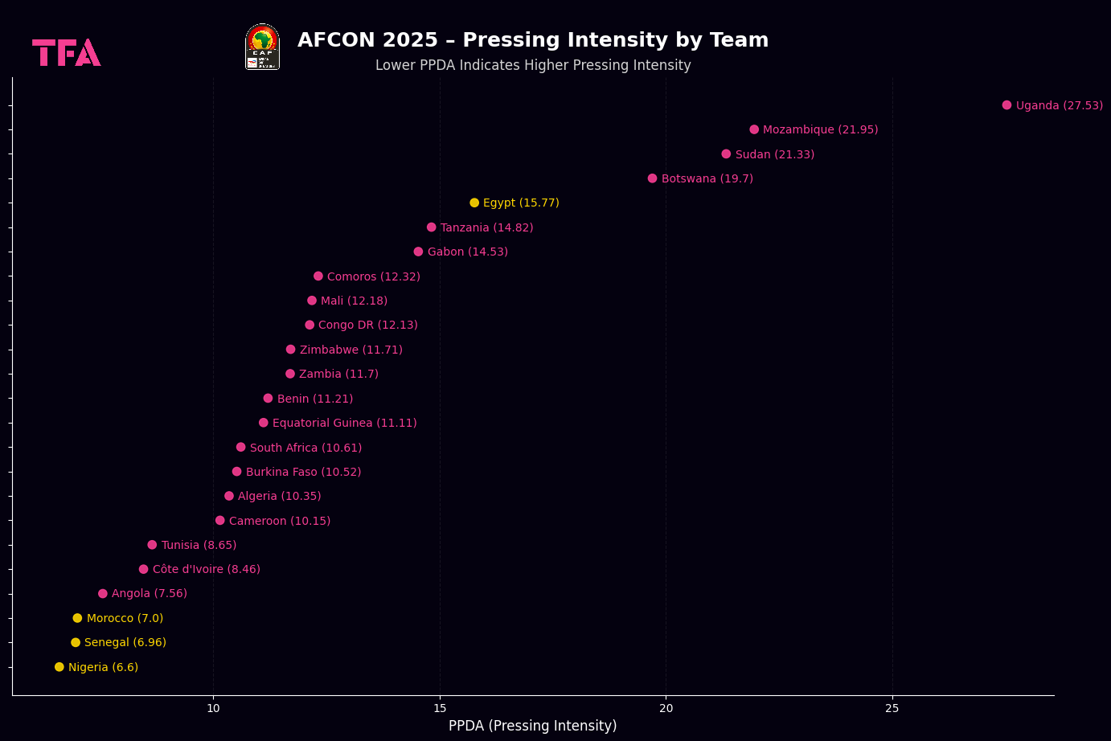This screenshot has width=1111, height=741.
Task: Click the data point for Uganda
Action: pyautogui.click(x=1006, y=105)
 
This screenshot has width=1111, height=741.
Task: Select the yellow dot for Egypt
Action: pyautogui.click(x=474, y=203)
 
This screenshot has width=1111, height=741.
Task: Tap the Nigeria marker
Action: pyautogui.click(x=59, y=667)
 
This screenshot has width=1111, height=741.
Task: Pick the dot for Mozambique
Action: pyautogui.click(x=754, y=129)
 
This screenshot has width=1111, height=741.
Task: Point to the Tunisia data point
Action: pyautogui.click(x=152, y=545)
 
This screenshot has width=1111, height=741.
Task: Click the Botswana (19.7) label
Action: pyautogui.click(x=707, y=178)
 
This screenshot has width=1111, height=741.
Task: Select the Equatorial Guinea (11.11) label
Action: pyautogui.click(x=344, y=423)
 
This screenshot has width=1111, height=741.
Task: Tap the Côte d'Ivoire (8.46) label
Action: pyautogui.click(x=206, y=569)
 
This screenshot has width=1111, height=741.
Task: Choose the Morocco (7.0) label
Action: pyautogui.click(x=125, y=618)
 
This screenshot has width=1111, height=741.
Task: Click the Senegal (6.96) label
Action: pyautogui.click(x=125, y=642)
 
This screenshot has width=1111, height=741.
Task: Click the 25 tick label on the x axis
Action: pyautogui.click(x=892, y=708)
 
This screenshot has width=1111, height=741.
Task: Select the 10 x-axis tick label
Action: pyautogui.click(x=213, y=708)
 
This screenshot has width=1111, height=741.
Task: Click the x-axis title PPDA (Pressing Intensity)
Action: pyautogui.click(x=532, y=726)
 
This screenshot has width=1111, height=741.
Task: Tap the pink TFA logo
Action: pyautogui.click(x=66, y=52)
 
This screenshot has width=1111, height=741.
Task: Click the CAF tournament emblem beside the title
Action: pyautogui.click(x=262, y=47)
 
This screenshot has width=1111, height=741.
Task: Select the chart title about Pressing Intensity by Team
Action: pyautogui.click(x=532, y=40)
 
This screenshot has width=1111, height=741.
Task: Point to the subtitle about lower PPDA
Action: pyautogui.click(x=532, y=65)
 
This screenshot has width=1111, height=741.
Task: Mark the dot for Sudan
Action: pyautogui.click(x=726, y=154)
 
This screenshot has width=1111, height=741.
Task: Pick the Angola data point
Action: pyautogui.click(x=103, y=594)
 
